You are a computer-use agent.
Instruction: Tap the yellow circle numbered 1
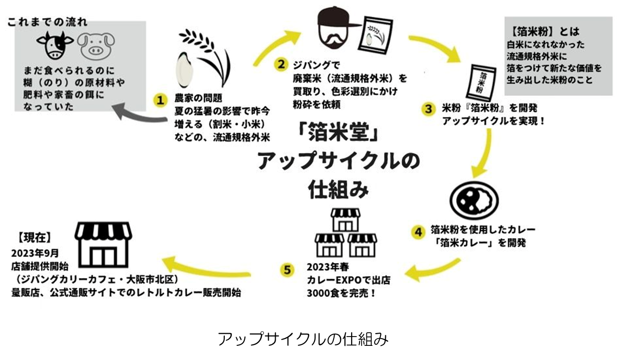(159, 100)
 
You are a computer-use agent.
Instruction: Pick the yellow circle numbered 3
(428, 109)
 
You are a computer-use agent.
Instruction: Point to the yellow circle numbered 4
(418, 232)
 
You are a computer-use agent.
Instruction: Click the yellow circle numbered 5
(288, 269)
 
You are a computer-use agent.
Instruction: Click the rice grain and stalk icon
(200, 59)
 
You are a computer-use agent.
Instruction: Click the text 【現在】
(35, 238)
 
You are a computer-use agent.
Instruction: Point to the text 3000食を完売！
(341, 293)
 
